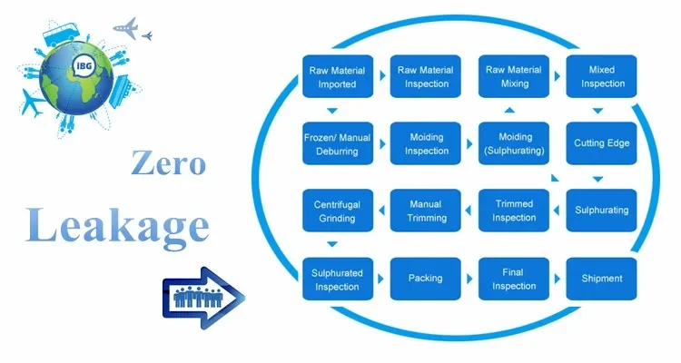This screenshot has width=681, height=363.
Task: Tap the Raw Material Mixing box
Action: tap(513, 77)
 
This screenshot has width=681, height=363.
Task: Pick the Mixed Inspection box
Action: tap(601, 77)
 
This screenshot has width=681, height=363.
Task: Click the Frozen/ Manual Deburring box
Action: tap(337, 143)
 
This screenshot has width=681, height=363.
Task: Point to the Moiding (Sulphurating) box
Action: tap(513, 143)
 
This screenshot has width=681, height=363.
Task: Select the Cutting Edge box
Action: tap(601, 143)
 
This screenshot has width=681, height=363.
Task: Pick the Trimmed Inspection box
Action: tap(513, 211)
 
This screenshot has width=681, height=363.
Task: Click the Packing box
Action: tap(425, 279)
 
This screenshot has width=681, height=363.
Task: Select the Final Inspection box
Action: tap(513, 279)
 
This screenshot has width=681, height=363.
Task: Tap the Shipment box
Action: tap(601, 279)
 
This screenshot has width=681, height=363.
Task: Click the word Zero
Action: tap(168, 163)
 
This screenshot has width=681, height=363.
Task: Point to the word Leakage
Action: tap(118, 222)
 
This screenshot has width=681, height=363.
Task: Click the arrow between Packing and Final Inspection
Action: tap(469, 279)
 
